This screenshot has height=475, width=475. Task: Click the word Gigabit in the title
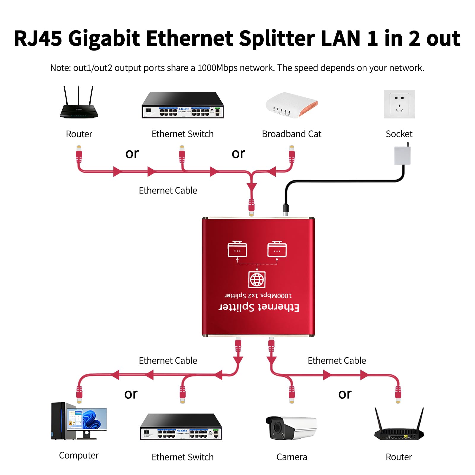pyautogui.click(x=104, y=39)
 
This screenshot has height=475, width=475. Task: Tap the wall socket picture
pyautogui.click(x=399, y=104)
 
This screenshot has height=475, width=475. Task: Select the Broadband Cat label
pyautogui.click(x=292, y=134)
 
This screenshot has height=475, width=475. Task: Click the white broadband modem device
pyautogui.click(x=292, y=105)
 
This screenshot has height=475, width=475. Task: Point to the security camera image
pyautogui.click(x=291, y=427)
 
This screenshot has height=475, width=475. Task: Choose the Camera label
pyautogui.click(x=292, y=457)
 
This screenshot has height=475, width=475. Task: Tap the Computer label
pyautogui.click(x=79, y=455)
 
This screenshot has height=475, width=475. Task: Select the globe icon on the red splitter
pyautogui.click(x=257, y=279)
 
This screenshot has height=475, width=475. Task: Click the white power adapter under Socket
pyautogui.click(x=402, y=155)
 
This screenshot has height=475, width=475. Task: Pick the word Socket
pyautogui.click(x=399, y=134)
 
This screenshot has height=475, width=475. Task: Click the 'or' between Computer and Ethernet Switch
pyautogui.click(x=131, y=394)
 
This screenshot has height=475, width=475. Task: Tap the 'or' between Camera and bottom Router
pyautogui.click(x=345, y=394)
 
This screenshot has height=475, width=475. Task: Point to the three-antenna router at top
pyautogui.click(x=79, y=104)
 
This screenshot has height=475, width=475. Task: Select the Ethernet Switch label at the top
pyautogui.click(x=183, y=134)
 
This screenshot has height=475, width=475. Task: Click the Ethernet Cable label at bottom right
pyautogui.click(x=337, y=360)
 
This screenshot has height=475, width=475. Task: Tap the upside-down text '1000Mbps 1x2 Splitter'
pyautogui.click(x=258, y=296)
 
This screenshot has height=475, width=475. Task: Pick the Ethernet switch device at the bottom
pyautogui.click(x=181, y=427)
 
